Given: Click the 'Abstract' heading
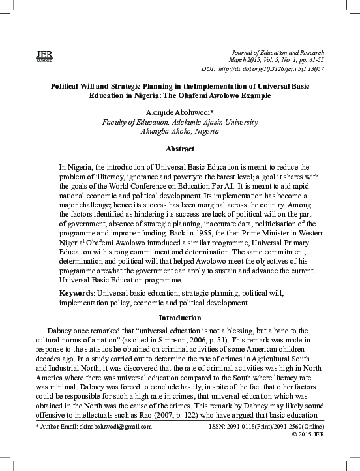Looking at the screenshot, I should click(x=180, y=149).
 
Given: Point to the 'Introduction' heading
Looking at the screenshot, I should click(x=180, y=318).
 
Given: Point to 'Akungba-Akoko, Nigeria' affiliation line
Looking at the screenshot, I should click(x=180, y=131).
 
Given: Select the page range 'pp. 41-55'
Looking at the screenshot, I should click(x=308, y=60).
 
